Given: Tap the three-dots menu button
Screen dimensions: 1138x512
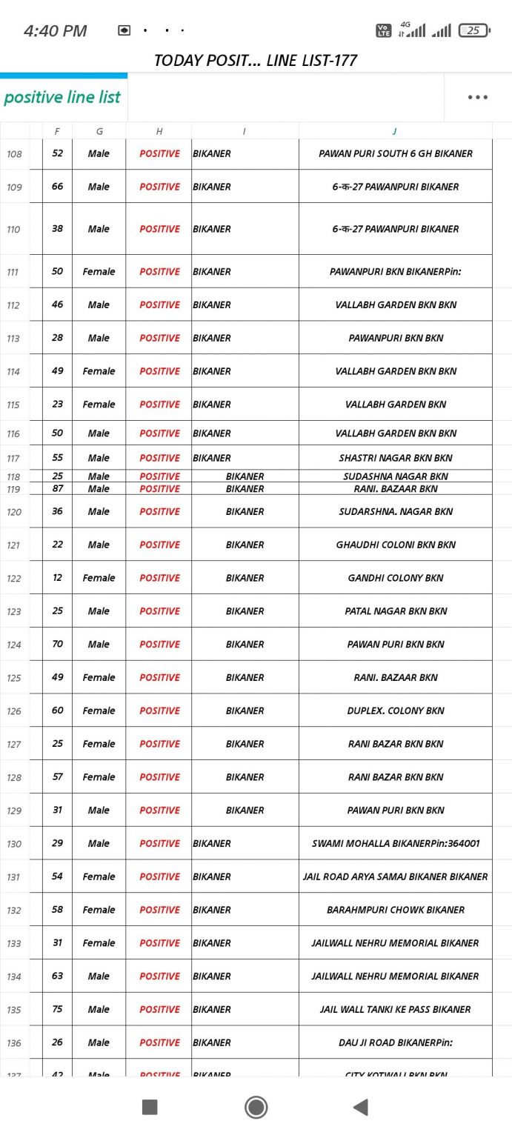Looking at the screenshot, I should pos(477,97).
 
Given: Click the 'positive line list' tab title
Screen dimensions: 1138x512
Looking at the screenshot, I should pos(62,97).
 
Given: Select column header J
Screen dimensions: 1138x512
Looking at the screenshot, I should pos(394,131).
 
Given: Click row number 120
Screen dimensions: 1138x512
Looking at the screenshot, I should pos(14,512).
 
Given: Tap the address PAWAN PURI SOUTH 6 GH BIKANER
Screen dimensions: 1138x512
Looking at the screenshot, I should pos(396,154).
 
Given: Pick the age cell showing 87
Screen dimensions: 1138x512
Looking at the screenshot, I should pos(57,489).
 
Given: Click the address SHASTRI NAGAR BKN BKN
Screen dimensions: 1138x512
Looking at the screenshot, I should pos(396,458).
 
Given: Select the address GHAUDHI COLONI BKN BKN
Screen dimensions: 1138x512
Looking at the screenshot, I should pos(396,545).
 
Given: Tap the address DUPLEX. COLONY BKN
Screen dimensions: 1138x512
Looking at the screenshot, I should pos(396,711).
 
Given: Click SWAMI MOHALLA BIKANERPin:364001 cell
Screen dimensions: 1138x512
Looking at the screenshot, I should pos(396,843).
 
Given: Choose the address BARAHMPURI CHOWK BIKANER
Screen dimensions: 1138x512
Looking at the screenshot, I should pos(396,910).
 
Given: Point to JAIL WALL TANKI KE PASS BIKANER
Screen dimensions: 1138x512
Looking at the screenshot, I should pos(396,1009).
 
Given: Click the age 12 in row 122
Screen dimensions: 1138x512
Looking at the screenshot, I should pos(57,578).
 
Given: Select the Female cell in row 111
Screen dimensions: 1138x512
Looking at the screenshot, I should pos(99,272).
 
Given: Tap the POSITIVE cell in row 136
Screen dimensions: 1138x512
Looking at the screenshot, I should pos(159,1042).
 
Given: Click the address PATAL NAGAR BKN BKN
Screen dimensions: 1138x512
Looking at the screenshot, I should pos(396,611).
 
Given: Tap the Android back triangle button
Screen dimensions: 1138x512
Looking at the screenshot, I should pos(361,1107).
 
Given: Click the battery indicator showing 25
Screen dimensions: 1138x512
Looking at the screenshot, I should pos(473,30).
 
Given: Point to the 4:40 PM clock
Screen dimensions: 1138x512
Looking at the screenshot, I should pos(55,31).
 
